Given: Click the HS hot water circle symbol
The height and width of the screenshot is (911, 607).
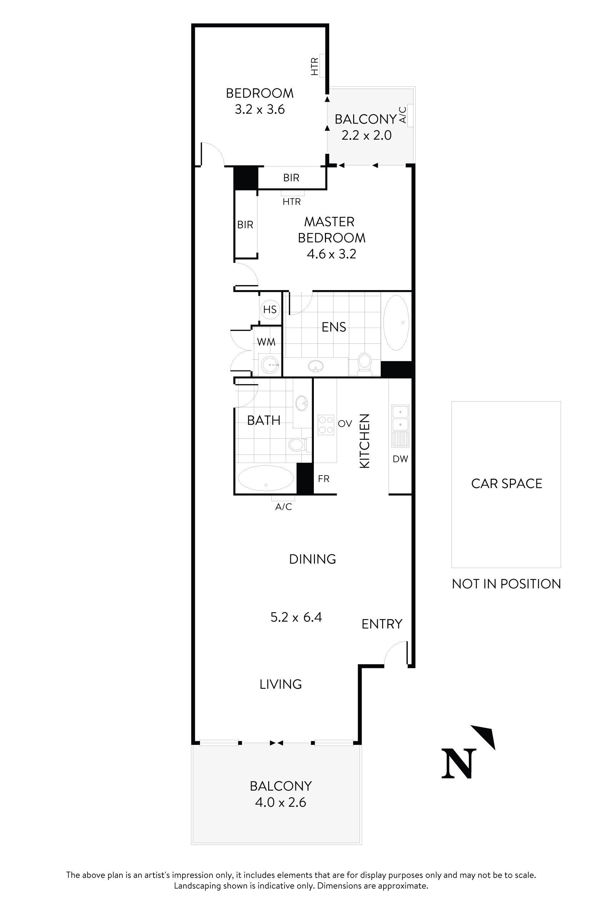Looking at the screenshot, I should pos(270,309).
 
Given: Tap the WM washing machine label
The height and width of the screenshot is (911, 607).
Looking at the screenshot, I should pos(266,342).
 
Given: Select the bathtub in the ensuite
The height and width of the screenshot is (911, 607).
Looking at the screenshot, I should pos(396,322).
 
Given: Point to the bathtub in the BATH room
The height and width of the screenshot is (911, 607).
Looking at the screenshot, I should pos(266,478).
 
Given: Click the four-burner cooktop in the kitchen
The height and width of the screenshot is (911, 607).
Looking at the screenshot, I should pos(326,424).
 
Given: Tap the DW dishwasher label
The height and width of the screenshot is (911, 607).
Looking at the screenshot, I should pos(400,459).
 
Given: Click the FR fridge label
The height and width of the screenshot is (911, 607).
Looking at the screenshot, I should pos(323,479).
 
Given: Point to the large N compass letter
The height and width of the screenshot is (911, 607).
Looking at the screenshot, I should pos(459,763).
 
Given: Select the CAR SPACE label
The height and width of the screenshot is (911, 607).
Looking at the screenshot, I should pos(506,483).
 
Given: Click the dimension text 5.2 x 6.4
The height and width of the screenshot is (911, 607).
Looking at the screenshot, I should pos(296,617).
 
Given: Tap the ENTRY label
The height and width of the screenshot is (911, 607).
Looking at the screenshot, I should pos(382,624).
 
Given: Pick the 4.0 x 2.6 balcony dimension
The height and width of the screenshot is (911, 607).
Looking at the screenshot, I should pos(280,802).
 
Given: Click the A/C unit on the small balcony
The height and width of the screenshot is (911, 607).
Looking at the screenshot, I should pos(410,115).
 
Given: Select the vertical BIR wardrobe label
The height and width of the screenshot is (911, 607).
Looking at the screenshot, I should pos(245,225).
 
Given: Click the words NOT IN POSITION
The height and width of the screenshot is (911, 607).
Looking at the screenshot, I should pos(506,584).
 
